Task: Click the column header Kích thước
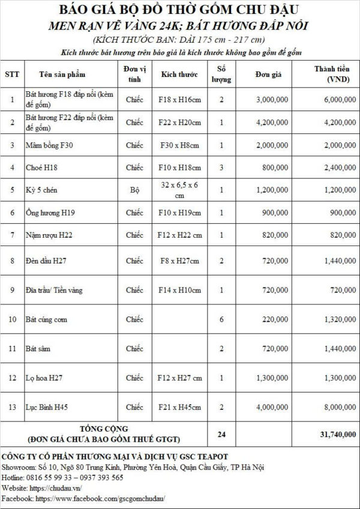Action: pos(179,75)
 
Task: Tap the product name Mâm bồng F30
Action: pos(49,145)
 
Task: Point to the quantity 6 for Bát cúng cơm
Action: pos(221,319)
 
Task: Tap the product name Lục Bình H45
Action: pos(46,407)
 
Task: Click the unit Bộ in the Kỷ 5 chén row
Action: pos(134,190)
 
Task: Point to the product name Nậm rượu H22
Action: pos(49,235)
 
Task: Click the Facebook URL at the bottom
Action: pos(100,498)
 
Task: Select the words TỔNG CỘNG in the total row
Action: pos(104,429)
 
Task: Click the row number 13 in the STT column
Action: pos(12,407)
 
